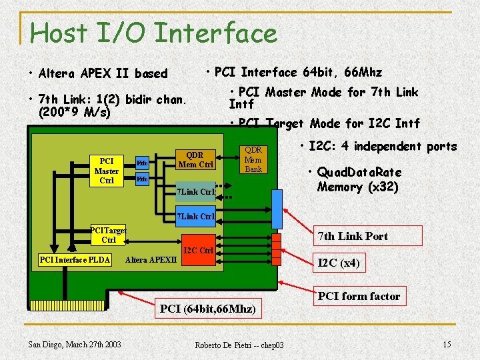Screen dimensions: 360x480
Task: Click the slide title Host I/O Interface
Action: [x=153, y=33]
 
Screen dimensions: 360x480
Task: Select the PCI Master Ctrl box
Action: [x=106, y=171]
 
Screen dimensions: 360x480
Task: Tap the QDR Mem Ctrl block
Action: [x=195, y=159]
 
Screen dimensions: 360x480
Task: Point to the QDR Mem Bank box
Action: [x=253, y=159]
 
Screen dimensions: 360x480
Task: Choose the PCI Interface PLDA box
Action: [x=75, y=259]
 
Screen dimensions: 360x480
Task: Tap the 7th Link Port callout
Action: [x=353, y=236]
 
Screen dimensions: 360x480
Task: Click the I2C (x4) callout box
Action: [x=339, y=263]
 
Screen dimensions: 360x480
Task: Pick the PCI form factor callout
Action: [x=359, y=296]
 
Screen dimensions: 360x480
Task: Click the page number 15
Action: [x=446, y=343]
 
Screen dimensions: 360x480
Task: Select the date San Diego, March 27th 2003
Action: [x=75, y=344]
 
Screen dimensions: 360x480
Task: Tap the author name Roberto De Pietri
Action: [x=239, y=345]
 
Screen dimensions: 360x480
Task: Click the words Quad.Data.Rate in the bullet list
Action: [x=359, y=173]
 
